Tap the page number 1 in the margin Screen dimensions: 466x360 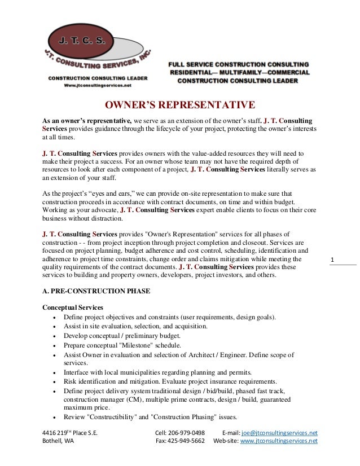click(333, 260)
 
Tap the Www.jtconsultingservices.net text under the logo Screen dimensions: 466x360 click(98, 85)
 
